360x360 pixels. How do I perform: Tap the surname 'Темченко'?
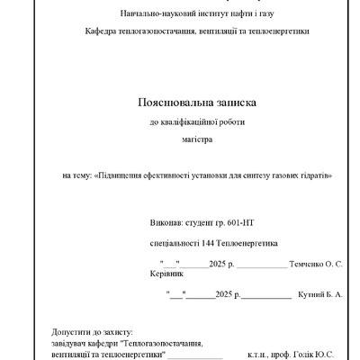pos(306,265)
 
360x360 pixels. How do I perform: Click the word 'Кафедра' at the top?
pos(102,32)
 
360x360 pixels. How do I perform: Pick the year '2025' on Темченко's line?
pos(219,265)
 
